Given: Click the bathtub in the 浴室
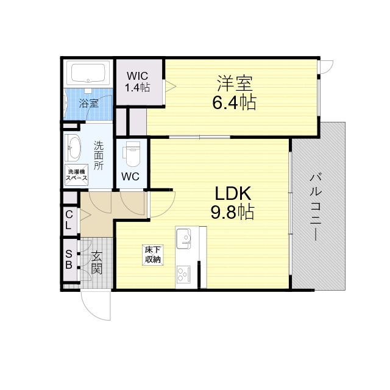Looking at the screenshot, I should pyautogui.click(x=88, y=74).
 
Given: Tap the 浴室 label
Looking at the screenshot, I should pyautogui.click(x=89, y=103).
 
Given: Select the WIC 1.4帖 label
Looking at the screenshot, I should pyautogui.click(x=137, y=82).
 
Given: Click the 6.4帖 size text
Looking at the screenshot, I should pyautogui.click(x=234, y=102).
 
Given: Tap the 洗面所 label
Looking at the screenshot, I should pyautogui.click(x=98, y=155).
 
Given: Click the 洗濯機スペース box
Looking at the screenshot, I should pyautogui.click(x=77, y=175).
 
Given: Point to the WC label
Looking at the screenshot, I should pyautogui.click(x=130, y=177).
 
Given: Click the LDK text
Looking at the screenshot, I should pyautogui.click(x=233, y=193).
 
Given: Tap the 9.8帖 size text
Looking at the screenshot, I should pyautogui.click(x=233, y=212).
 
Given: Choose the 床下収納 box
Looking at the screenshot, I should pyautogui.click(x=152, y=255).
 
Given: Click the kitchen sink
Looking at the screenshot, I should pyautogui.click(x=184, y=238).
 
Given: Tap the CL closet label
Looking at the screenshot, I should pyautogui.click(x=69, y=219).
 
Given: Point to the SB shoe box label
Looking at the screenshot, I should pyautogui.click(x=69, y=259).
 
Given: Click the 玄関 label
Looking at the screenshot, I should pyautogui.click(x=97, y=263).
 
